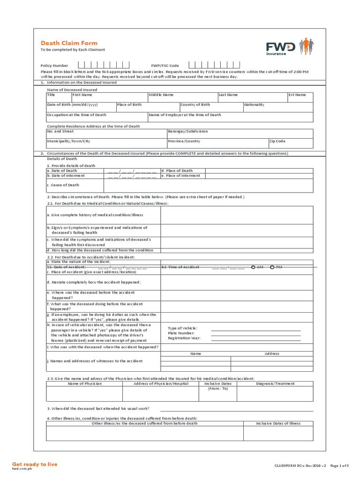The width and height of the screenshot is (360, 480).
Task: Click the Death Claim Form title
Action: [x=69, y=43]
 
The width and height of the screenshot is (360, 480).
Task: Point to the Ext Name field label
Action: [x=297, y=95]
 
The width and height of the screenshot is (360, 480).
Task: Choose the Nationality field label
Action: [x=254, y=105]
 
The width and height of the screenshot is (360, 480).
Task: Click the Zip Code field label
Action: [x=277, y=141]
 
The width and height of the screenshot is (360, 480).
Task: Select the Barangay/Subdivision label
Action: [x=187, y=131]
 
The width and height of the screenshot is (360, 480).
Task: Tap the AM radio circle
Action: [x=253, y=267]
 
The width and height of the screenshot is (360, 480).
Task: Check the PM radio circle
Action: [x=272, y=267]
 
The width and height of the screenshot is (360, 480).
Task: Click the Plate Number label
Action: [x=181, y=333]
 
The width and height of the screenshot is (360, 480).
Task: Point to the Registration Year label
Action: [x=184, y=337]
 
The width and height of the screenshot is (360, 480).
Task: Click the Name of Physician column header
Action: [x=84, y=383]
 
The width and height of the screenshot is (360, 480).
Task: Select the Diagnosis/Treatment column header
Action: [x=275, y=383]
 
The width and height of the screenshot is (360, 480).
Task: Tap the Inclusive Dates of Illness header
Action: [x=278, y=423]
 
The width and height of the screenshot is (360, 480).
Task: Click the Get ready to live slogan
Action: [x=34, y=464]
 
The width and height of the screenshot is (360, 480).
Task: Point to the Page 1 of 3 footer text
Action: [x=340, y=465]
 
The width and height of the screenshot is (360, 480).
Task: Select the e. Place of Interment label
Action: [x=180, y=176]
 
